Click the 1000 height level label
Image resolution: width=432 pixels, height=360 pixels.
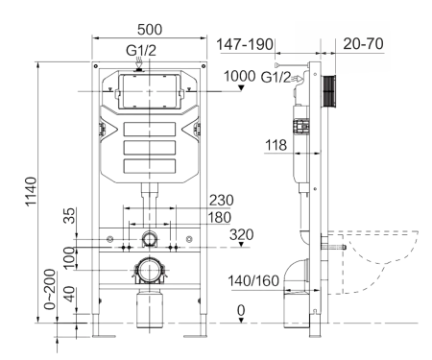tap(240, 77)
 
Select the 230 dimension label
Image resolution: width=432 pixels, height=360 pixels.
tap(221, 200)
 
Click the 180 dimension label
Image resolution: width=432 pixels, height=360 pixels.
tap(221, 217)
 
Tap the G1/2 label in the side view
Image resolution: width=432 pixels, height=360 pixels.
tap(277, 77)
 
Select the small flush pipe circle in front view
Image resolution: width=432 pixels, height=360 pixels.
tap(149, 238)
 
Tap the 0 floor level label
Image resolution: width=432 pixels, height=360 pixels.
tap(242, 310)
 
